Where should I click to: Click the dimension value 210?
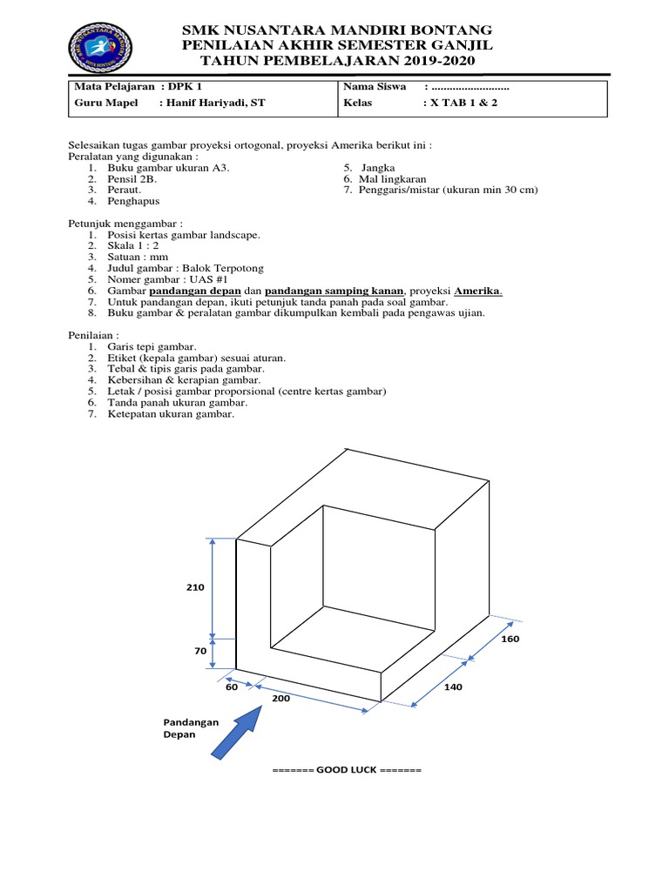(194, 587)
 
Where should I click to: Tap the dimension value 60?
(232, 687)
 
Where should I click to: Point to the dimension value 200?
(280, 698)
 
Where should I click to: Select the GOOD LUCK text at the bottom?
(347, 771)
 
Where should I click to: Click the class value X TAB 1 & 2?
(460, 103)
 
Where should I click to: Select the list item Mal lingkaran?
(392, 178)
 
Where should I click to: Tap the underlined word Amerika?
(478, 291)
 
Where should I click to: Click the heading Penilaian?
(93, 335)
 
